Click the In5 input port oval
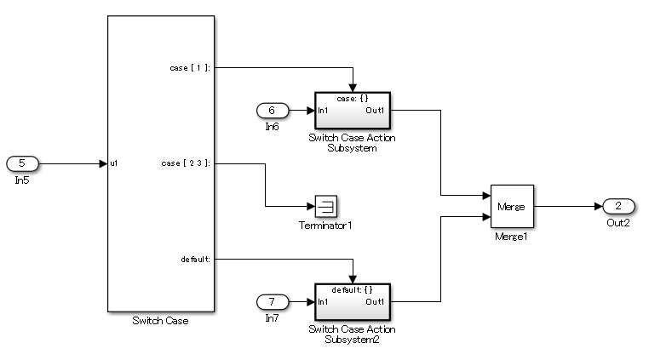coord(22,163)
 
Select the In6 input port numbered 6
coord(273,110)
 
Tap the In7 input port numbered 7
coord(273,300)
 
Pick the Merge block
coord(512,206)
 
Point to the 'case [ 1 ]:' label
coord(191,67)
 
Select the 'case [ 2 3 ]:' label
coord(186,163)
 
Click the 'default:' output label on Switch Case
coord(196,259)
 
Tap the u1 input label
coord(115,163)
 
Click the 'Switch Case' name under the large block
coord(160,321)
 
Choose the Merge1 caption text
coord(512,236)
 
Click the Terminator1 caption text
coord(325,226)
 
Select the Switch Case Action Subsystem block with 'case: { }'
coord(352,110)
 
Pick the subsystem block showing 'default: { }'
coord(352,300)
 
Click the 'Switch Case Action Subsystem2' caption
coord(352,334)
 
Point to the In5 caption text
coord(22,180)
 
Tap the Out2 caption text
coord(617,223)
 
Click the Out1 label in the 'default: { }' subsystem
coord(376,302)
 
